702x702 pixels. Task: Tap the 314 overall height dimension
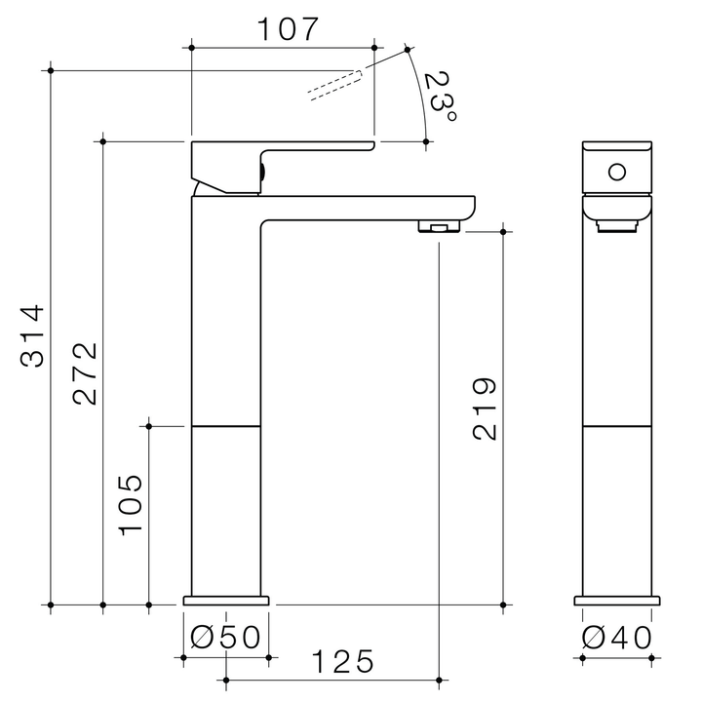[33, 336]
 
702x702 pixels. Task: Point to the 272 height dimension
[85, 373]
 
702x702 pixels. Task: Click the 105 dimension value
[132, 504]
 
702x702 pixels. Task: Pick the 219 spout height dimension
[485, 409]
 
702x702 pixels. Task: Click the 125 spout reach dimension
[342, 662]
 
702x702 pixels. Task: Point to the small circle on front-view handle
[616, 174]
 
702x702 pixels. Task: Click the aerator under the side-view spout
[440, 227]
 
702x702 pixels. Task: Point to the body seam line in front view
[616, 427]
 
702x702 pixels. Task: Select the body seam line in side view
[226, 427]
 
